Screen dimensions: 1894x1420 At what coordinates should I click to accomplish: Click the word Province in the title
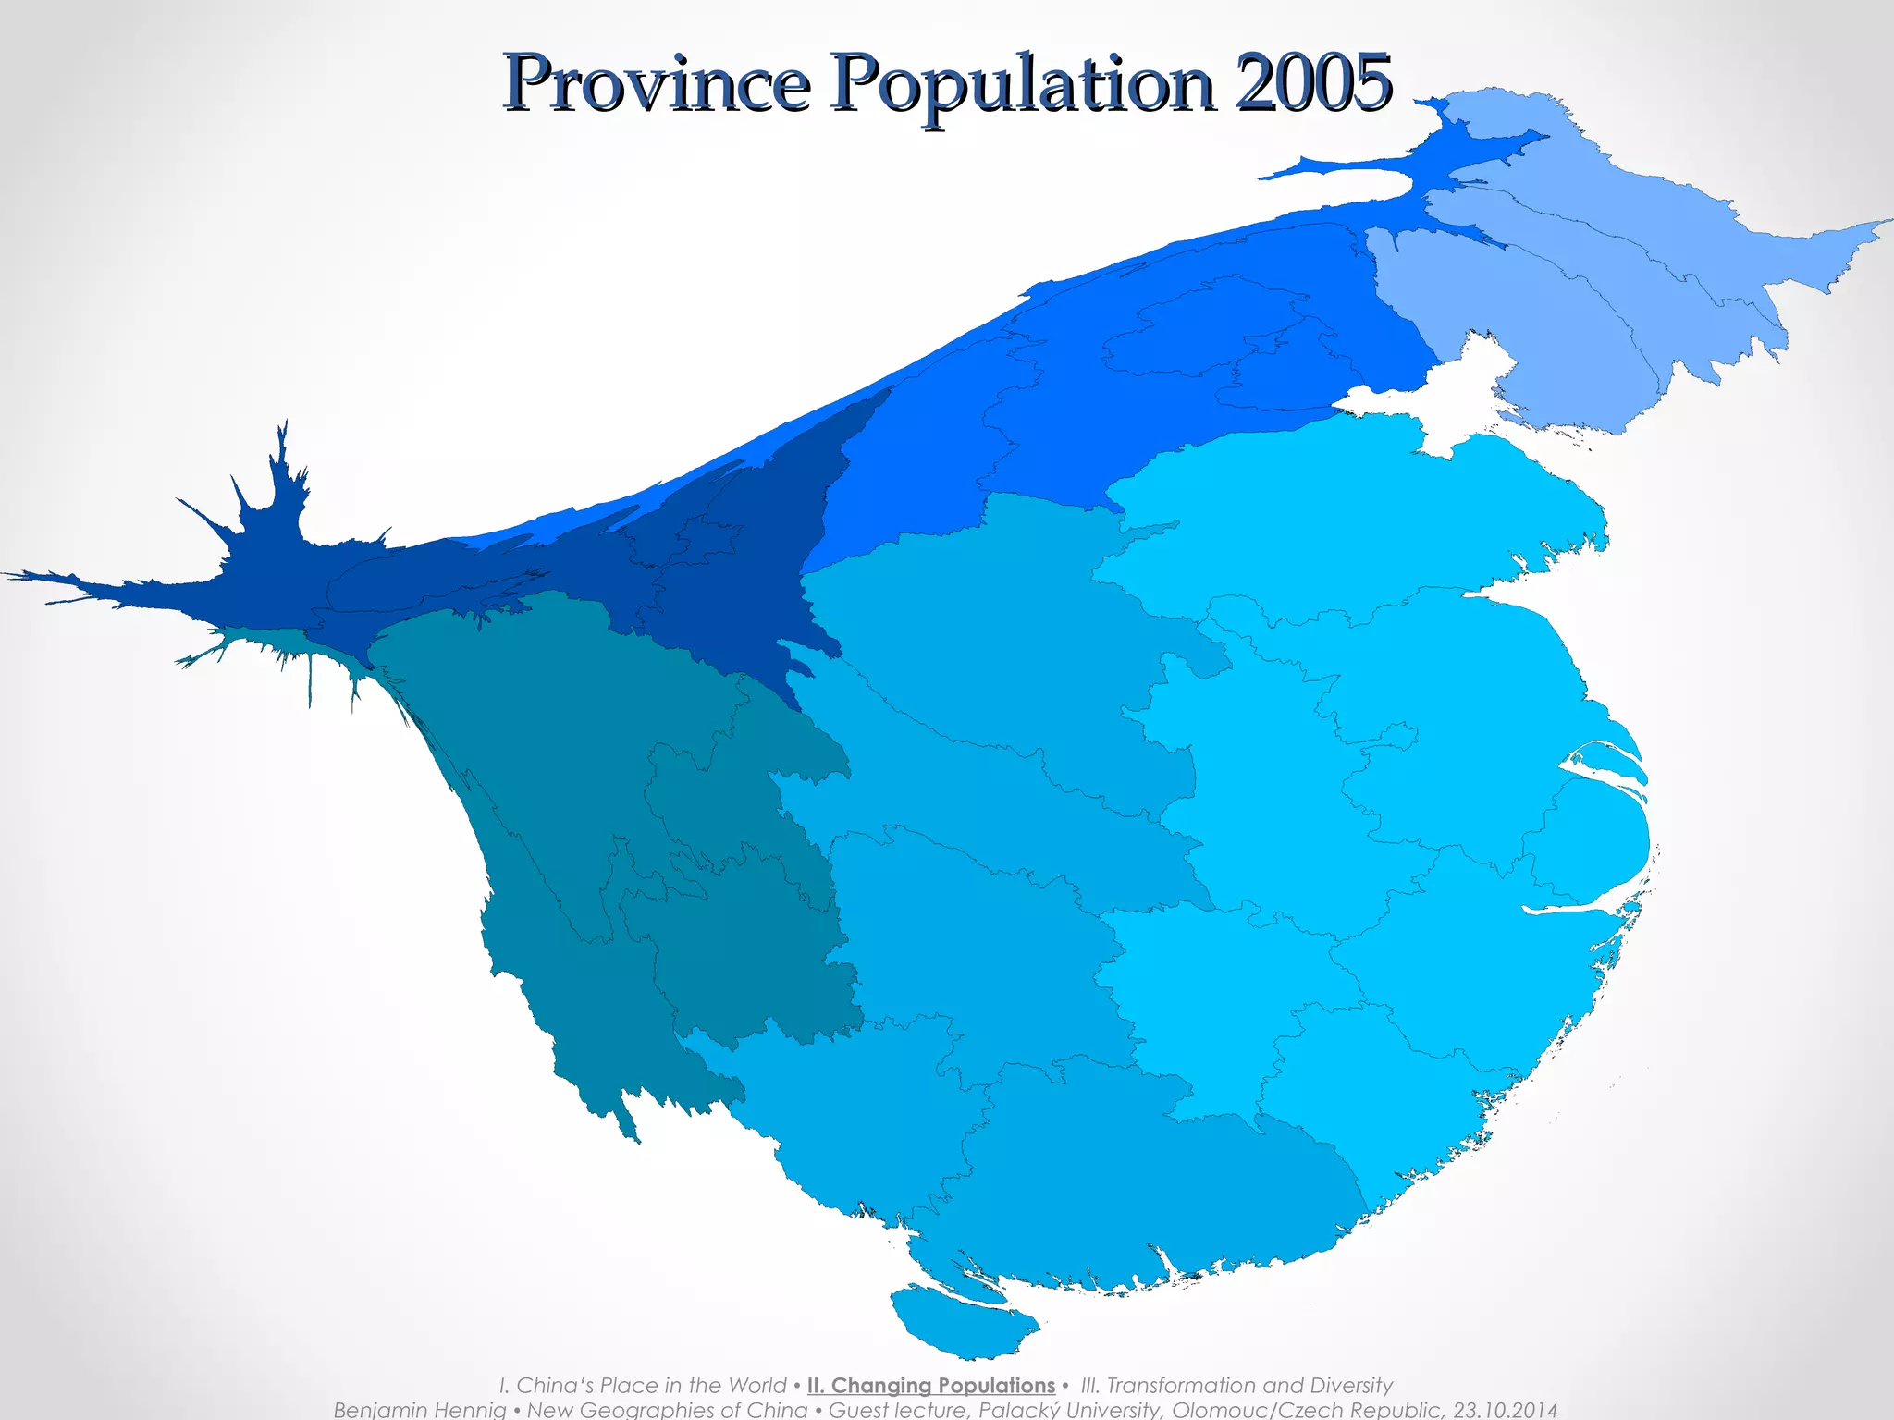point(657,85)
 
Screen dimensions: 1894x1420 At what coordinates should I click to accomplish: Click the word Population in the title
point(1021,85)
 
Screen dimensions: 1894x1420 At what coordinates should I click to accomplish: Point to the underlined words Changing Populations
point(930,1385)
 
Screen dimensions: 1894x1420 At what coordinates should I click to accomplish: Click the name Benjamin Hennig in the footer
point(419,1410)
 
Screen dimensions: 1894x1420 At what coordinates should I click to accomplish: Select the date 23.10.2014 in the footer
point(1506,1410)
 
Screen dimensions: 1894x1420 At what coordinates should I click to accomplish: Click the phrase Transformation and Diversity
point(1248,1385)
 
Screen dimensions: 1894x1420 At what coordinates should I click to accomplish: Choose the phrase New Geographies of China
point(666,1410)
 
